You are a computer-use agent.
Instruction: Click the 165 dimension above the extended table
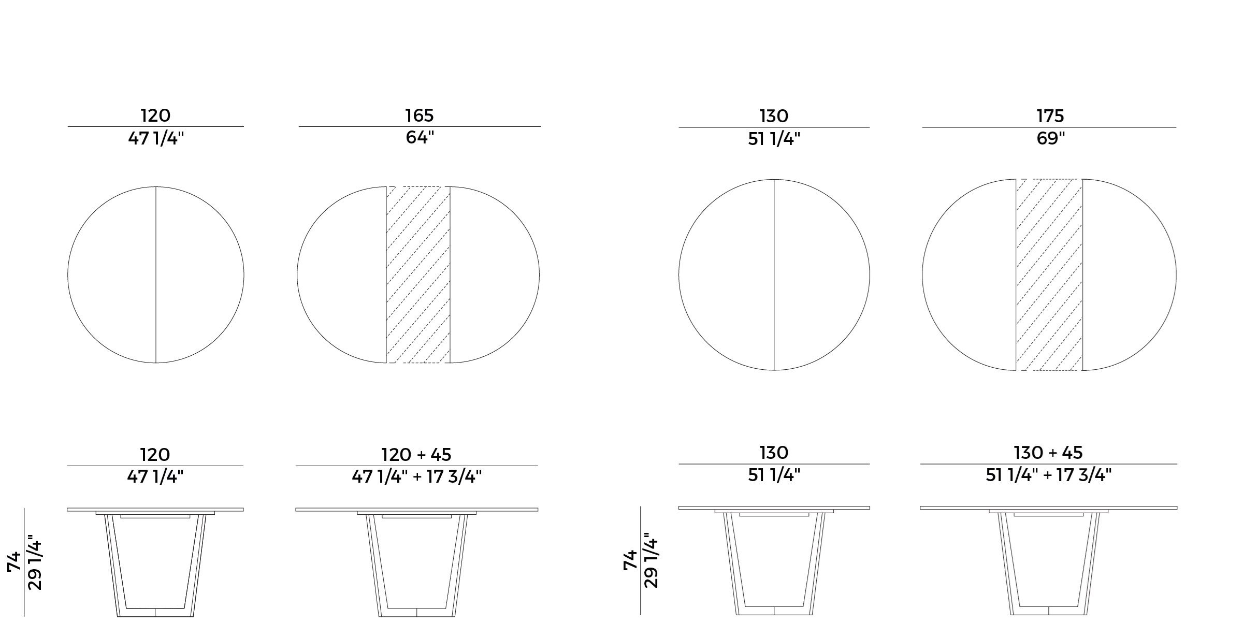pos(420,115)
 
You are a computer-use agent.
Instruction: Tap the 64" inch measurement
pos(420,138)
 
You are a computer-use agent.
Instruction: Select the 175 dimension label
pos(1050,116)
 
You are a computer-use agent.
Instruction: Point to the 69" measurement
pos(1050,139)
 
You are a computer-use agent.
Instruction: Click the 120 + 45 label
pos(416,455)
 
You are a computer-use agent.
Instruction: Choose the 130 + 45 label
pos(1048,453)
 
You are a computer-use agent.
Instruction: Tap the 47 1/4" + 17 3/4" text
pos(417,476)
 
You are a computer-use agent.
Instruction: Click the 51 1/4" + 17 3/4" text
pos(1049,475)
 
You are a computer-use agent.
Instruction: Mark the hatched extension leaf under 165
pos(418,274)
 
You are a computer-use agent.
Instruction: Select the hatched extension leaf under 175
pos(1049,274)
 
